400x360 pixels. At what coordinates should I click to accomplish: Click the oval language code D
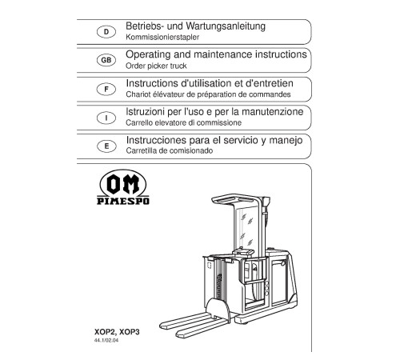coord(106,32)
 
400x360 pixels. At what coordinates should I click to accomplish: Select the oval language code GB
coord(106,60)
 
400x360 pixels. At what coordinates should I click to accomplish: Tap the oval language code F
coord(106,89)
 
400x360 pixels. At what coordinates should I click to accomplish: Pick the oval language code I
coord(106,118)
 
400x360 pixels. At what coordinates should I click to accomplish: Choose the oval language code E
coord(106,146)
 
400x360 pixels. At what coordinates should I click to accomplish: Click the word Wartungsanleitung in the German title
coord(226,26)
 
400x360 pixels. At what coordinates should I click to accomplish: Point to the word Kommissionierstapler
coord(162,37)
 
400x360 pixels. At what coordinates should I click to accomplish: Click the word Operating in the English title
coord(148,54)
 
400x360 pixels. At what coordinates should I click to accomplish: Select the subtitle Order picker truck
coord(156,66)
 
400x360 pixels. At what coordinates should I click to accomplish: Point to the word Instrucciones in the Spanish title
coord(156,140)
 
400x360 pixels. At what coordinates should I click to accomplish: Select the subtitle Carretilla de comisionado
coord(170,150)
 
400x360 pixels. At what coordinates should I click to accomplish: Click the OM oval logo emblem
coord(123,183)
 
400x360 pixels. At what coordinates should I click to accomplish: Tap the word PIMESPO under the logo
coord(123,201)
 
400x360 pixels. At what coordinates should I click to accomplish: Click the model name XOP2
coord(105,332)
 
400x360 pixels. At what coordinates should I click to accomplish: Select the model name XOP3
coord(130,332)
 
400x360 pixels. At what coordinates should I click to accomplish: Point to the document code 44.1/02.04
coord(106,341)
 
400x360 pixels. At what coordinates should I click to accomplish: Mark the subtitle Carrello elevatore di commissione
coord(184,122)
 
